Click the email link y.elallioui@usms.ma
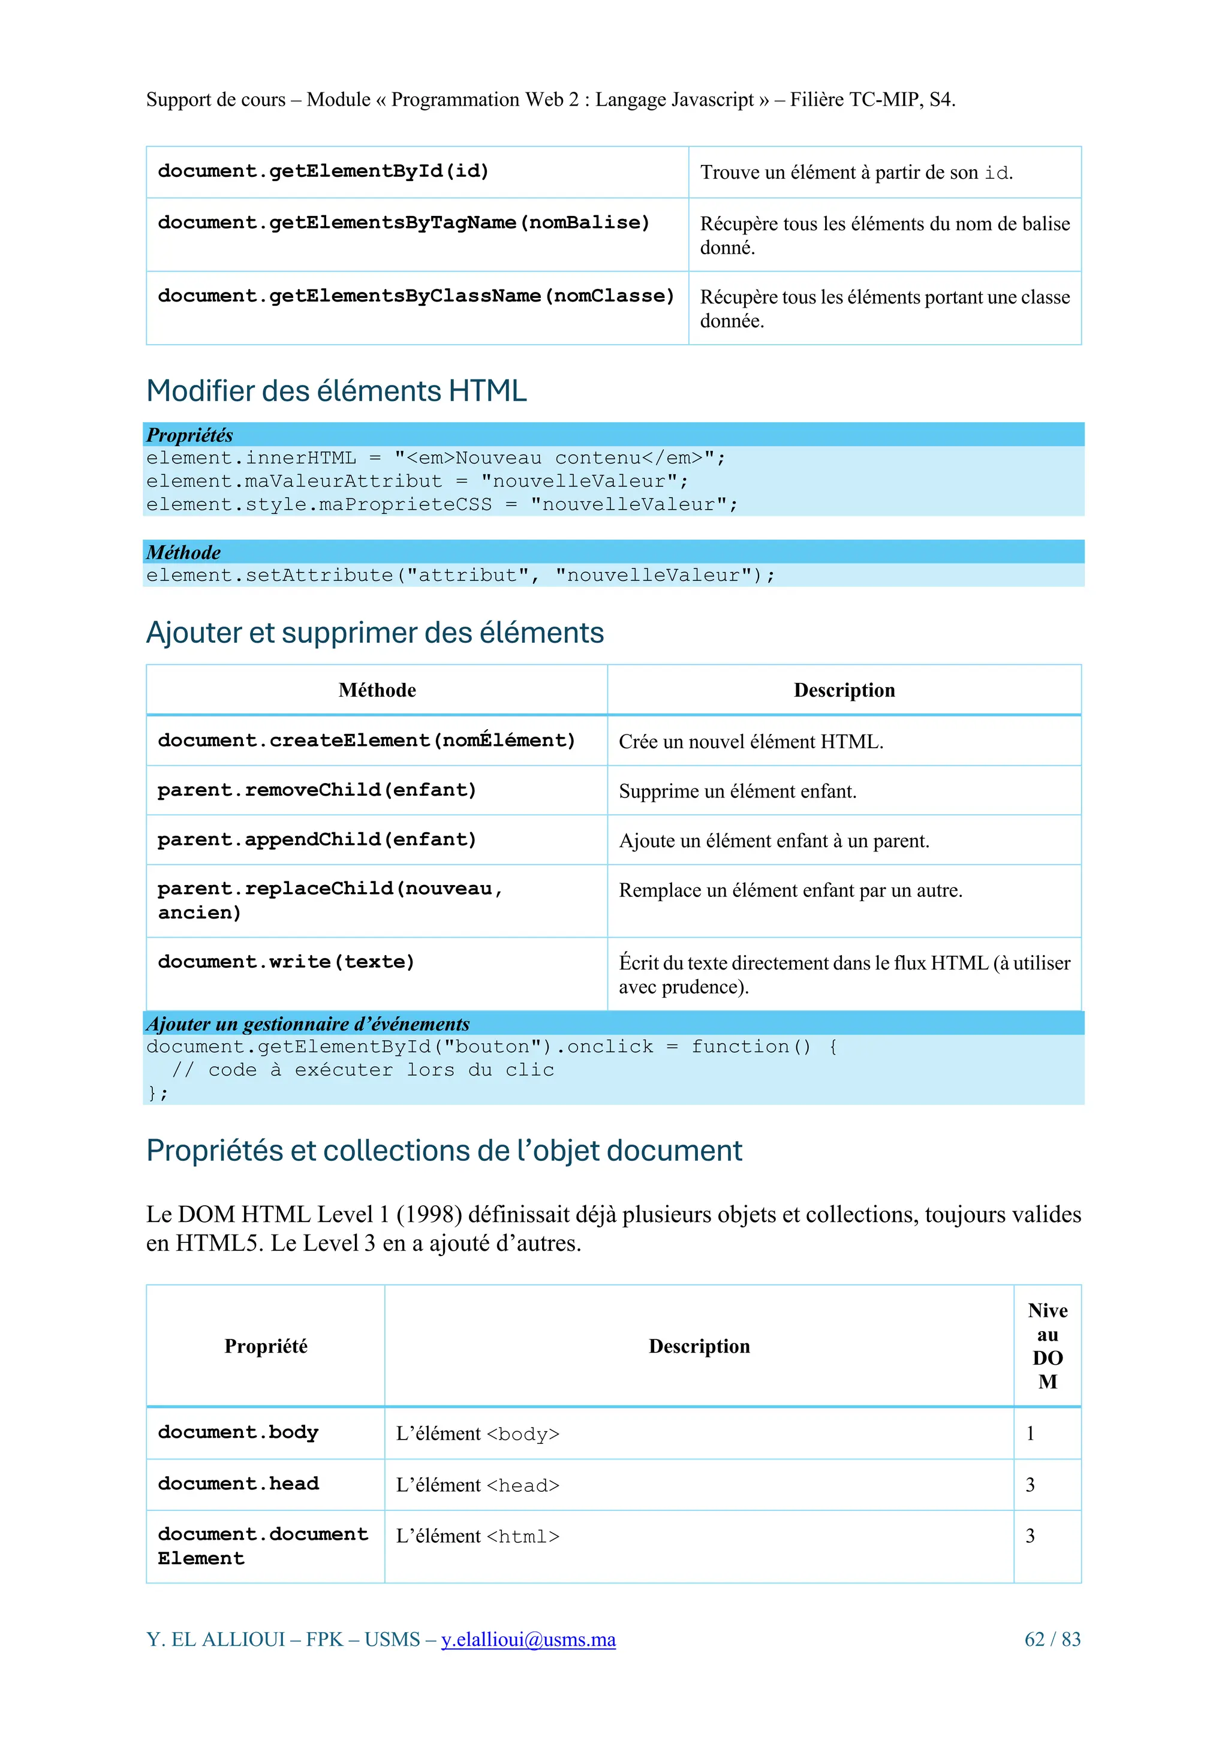(528, 1639)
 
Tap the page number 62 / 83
(1052, 1639)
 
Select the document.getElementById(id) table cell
(323, 171)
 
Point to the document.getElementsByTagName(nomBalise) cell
(404, 223)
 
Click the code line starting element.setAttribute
(460, 576)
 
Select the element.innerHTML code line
(435, 459)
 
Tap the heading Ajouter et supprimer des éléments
(375, 633)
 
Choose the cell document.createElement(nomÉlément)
(366, 740)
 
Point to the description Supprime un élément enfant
(737, 791)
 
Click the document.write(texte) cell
(286, 962)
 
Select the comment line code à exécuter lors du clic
(363, 1070)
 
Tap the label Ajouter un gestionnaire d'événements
(308, 1023)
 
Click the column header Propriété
(266, 1346)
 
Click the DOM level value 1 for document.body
(1030, 1433)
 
